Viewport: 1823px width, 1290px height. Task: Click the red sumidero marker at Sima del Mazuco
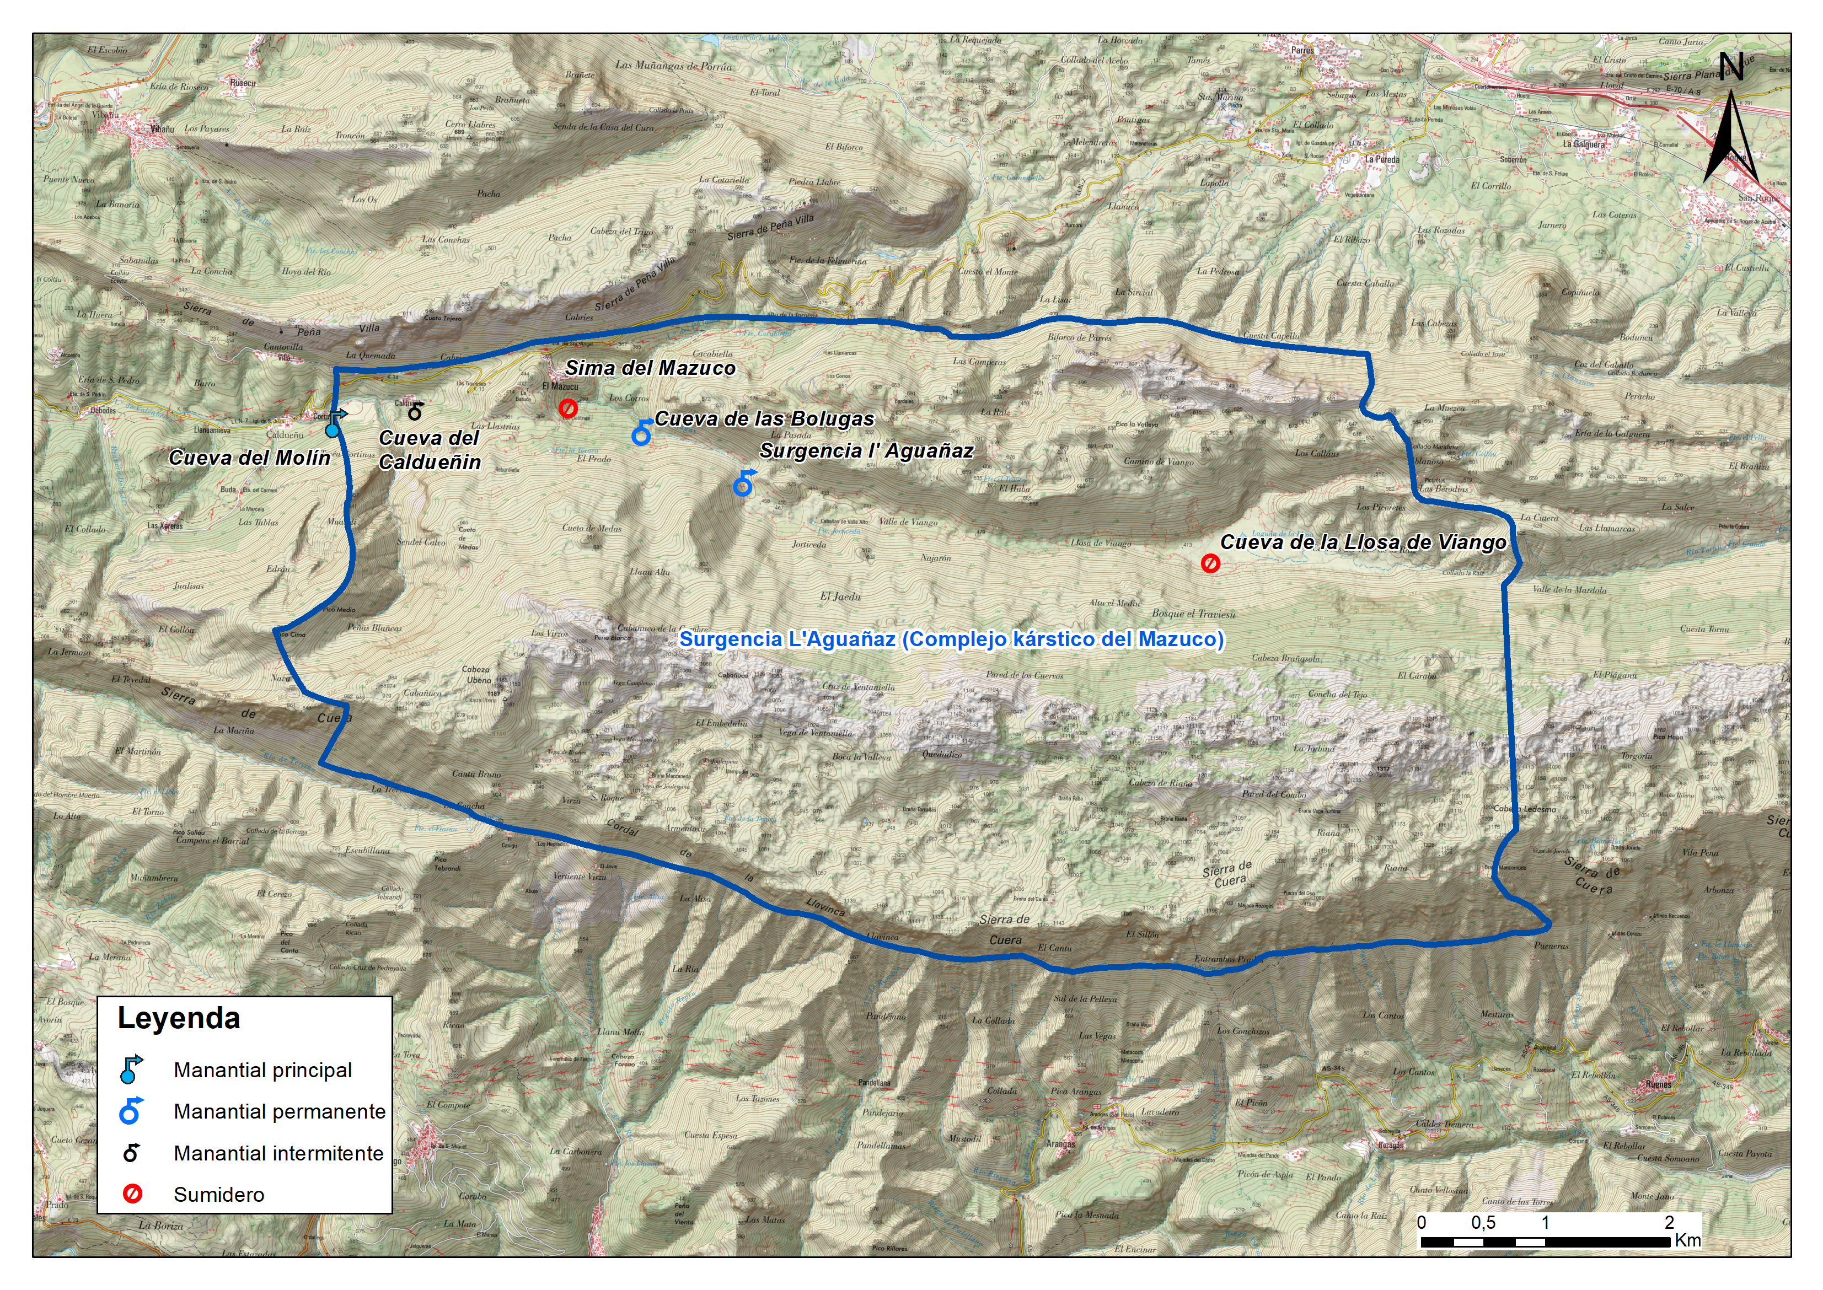click(x=567, y=409)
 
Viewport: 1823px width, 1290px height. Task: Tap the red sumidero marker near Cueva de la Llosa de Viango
click(x=1210, y=563)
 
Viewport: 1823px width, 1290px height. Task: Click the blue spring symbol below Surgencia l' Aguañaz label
click(x=743, y=484)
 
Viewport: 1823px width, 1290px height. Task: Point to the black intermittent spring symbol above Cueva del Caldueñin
click(x=415, y=411)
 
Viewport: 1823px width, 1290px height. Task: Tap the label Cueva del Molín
click(x=249, y=458)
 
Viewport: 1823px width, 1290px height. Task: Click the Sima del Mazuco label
click(x=650, y=368)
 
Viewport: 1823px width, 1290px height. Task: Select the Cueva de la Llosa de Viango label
click(x=1363, y=542)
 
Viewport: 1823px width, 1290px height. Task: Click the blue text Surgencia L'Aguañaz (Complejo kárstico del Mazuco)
click(x=951, y=639)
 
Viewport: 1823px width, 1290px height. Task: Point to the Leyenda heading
click(x=179, y=1018)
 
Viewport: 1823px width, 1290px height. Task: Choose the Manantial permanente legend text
click(x=280, y=1111)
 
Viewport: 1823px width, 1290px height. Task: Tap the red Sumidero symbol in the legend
click(x=132, y=1194)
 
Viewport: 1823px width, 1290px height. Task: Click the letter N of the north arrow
click(x=1731, y=67)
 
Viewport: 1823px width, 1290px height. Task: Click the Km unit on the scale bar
click(x=1687, y=1240)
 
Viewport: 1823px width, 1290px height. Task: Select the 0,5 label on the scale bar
click(x=1482, y=1223)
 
